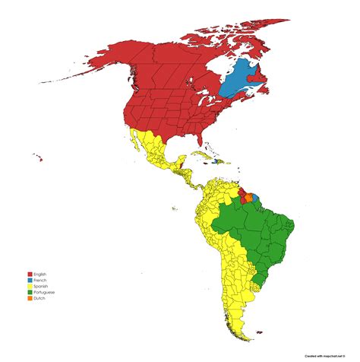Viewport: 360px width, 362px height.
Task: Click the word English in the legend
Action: click(42, 274)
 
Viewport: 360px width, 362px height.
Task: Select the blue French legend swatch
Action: click(30, 280)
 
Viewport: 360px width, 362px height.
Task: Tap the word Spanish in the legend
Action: click(42, 287)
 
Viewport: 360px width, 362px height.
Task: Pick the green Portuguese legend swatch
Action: click(30, 293)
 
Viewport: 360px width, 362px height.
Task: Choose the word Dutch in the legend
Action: click(40, 299)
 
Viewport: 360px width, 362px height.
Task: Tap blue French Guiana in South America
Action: click(255, 198)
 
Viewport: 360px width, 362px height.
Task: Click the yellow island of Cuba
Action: click(199, 154)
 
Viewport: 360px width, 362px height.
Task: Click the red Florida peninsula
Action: click(201, 140)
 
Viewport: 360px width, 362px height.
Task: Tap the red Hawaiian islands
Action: click(37, 157)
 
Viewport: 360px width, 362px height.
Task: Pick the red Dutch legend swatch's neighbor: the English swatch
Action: click(30, 274)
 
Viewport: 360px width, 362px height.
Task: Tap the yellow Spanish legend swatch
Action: click(30, 287)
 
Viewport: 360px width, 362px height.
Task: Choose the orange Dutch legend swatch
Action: click(30, 299)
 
